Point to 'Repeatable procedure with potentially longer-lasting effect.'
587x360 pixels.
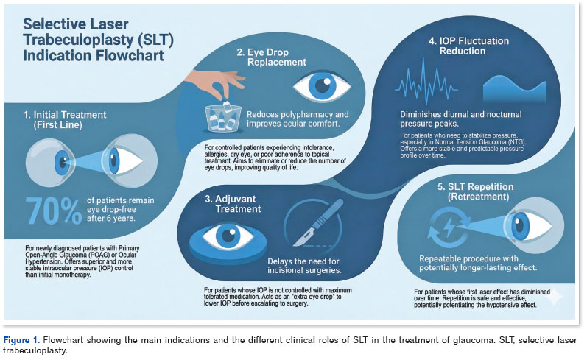click(479, 263)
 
